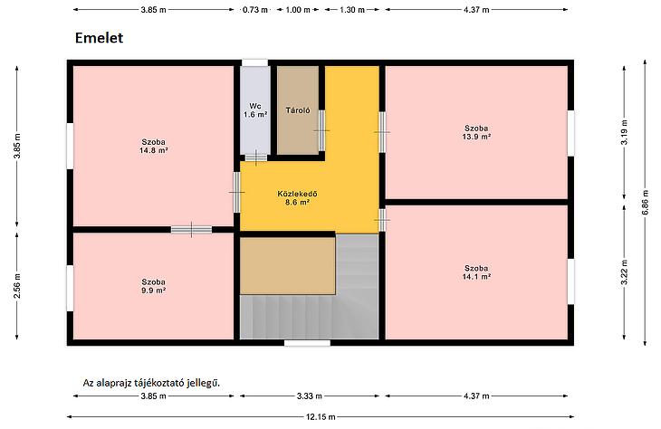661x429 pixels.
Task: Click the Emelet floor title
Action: click(99, 38)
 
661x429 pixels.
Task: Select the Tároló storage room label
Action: click(298, 110)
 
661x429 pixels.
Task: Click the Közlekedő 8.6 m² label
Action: click(297, 198)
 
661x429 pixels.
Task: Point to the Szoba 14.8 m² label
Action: click(153, 146)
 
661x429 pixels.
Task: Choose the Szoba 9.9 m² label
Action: click(153, 286)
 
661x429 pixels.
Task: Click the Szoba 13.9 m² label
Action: click(476, 132)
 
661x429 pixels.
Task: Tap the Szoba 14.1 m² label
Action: click(476, 272)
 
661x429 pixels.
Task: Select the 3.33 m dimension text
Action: click(310, 396)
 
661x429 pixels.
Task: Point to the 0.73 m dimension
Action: click(255, 10)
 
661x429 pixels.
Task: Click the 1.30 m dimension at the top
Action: click(352, 10)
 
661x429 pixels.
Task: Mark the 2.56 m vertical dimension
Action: click(17, 286)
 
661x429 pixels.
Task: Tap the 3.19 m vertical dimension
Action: click(624, 132)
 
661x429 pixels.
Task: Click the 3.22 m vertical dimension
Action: click(624, 272)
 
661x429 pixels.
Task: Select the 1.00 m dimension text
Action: click(298, 10)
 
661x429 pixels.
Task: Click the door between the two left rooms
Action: click(191, 230)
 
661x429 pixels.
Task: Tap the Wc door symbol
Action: click(256, 157)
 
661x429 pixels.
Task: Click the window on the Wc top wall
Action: click(254, 62)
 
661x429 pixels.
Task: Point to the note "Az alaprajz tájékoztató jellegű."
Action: click(152, 383)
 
